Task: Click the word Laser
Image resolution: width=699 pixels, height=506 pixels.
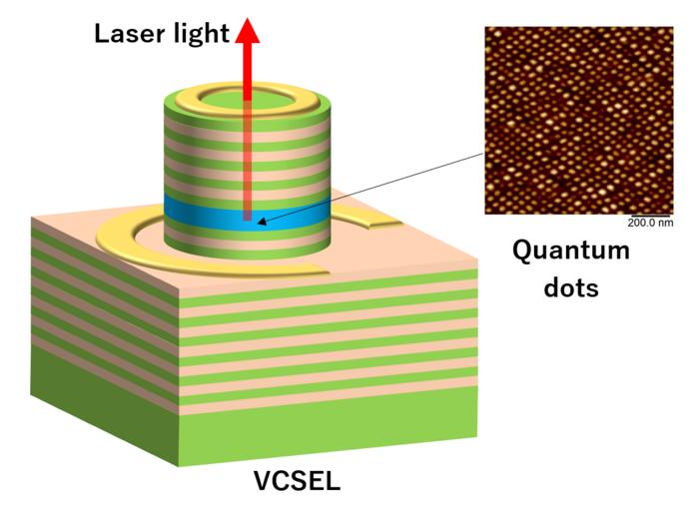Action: (x=129, y=33)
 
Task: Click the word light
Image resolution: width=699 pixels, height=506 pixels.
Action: (x=202, y=34)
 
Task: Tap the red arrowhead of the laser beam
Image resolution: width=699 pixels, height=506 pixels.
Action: (x=248, y=30)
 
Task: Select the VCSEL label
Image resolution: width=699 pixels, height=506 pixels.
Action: (x=297, y=481)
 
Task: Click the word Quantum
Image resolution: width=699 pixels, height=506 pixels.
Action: (x=571, y=252)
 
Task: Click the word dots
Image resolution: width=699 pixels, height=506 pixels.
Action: (x=571, y=287)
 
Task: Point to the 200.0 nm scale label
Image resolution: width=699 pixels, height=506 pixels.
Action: (x=650, y=223)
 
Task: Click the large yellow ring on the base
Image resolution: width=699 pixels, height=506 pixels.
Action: (x=134, y=253)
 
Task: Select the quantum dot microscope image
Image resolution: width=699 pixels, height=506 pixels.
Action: (x=579, y=121)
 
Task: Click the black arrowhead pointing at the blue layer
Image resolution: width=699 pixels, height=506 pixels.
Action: (x=262, y=221)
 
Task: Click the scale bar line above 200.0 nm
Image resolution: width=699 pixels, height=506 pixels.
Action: (x=649, y=216)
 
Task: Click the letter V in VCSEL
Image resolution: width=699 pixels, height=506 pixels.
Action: (x=263, y=481)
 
